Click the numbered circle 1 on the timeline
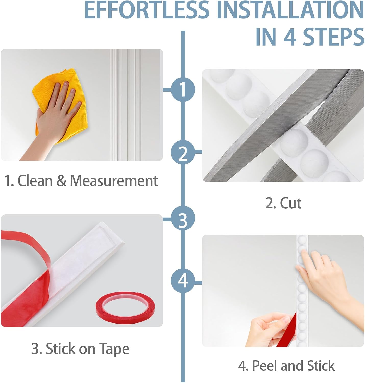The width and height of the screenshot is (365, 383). pyautogui.click(x=183, y=90)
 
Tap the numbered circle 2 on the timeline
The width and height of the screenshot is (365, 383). pyautogui.click(x=183, y=152)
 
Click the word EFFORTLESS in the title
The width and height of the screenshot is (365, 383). pyautogui.click(x=147, y=10)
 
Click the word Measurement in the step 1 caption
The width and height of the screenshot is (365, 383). pyautogui.click(x=114, y=181)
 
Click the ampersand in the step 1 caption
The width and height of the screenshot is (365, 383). pyautogui.click(x=62, y=181)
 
